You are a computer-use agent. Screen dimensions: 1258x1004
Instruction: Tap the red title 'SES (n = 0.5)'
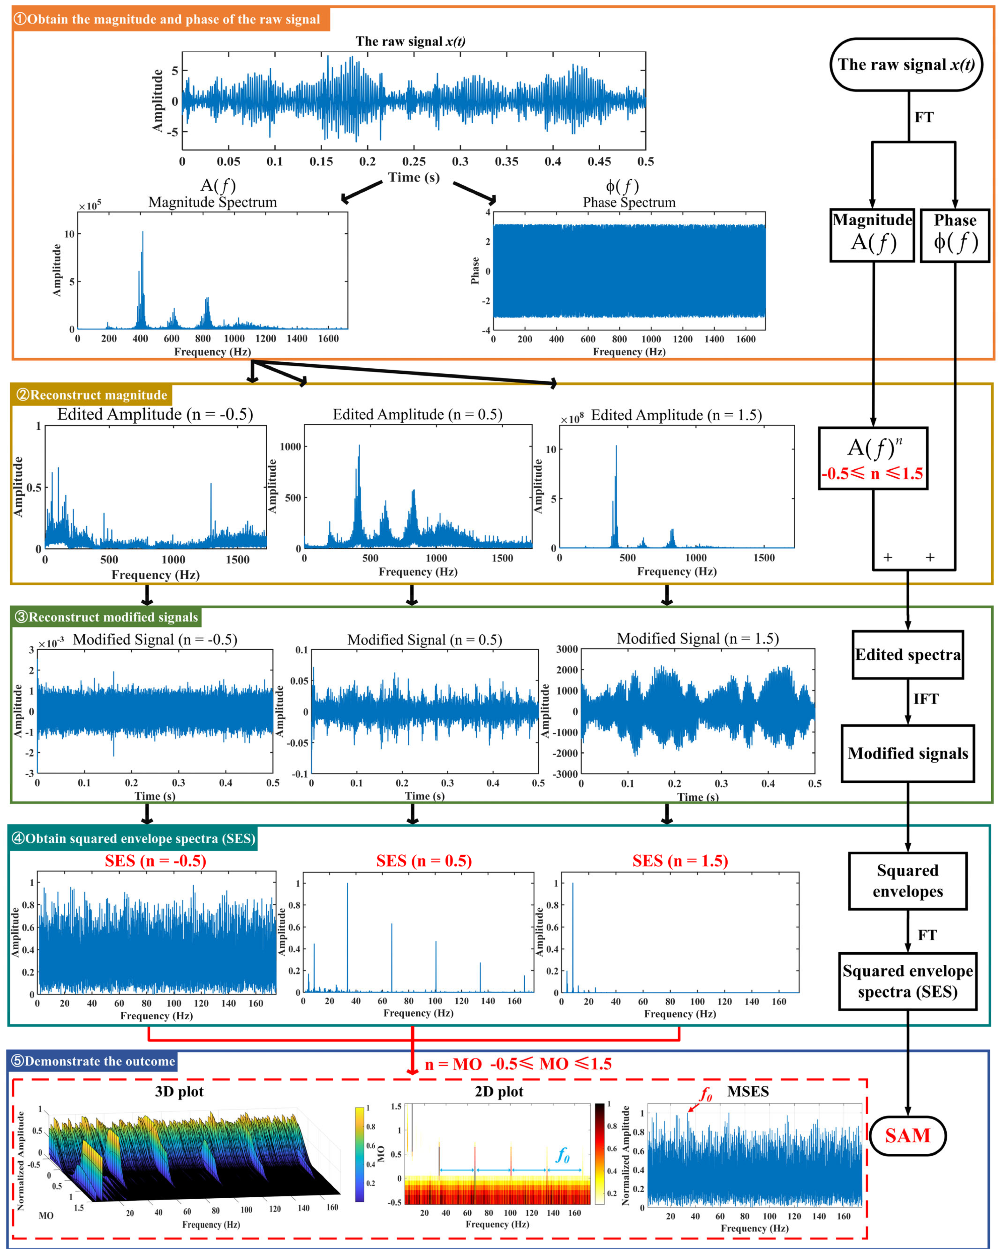[424, 861]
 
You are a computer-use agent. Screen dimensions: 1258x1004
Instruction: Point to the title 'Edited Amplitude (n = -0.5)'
[155, 414]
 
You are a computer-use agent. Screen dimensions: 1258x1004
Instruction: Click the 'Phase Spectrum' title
[629, 202]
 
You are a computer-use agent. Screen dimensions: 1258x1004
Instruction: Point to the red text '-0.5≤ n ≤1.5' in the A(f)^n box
[872, 474]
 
